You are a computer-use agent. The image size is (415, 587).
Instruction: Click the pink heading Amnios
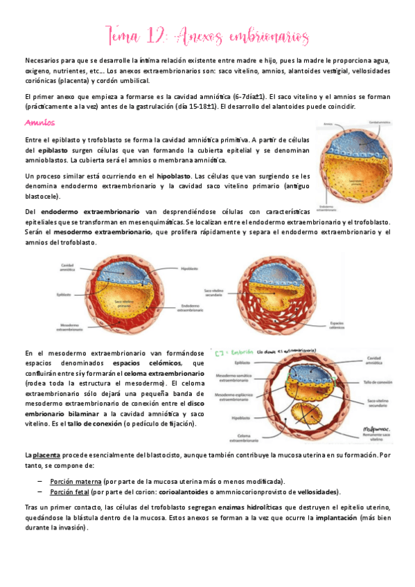click(39, 123)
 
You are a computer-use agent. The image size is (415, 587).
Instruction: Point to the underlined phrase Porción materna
click(75, 481)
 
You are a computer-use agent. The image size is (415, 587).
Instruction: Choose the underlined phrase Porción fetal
click(70, 491)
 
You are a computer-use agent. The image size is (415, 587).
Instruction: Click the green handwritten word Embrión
click(244, 352)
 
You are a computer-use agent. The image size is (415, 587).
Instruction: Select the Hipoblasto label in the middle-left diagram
click(188, 268)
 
